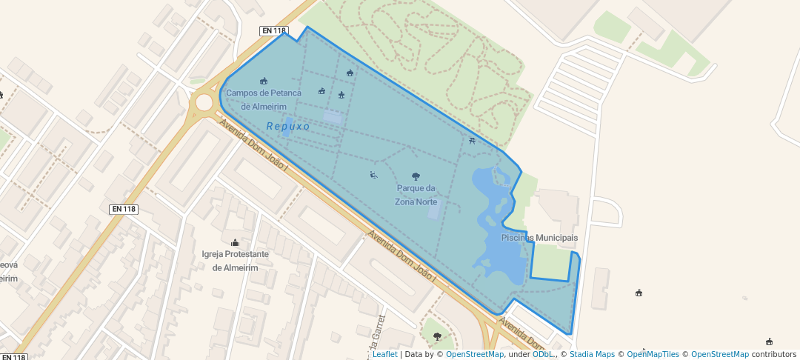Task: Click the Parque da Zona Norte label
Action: (416, 195)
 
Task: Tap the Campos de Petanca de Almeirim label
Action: (264, 99)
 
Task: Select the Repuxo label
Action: (288, 127)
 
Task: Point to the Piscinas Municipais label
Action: (539, 238)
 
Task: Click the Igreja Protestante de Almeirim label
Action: (235, 261)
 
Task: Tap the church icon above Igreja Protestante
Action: (236, 242)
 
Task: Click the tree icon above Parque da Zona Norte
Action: (416, 176)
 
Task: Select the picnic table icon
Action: (472, 140)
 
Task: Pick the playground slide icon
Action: (373, 175)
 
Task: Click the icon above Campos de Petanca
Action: (264, 81)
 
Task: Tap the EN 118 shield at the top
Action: (273, 31)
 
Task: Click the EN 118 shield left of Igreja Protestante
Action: (124, 209)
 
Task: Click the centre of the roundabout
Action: (204, 101)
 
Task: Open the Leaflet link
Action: (384, 354)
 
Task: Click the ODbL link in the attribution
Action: (543, 354)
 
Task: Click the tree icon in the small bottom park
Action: (437, 336)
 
